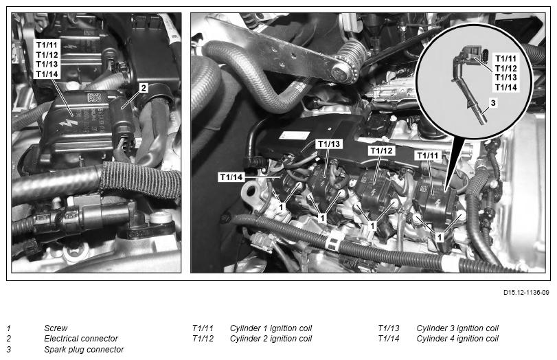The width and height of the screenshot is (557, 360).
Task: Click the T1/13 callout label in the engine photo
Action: click(x=329, y=144)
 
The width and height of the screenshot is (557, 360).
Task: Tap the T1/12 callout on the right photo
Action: click(x=381, y=150)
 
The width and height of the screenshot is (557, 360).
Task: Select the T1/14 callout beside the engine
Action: click(x=231, y=177)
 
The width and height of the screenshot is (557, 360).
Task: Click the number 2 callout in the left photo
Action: click(x=143, y=88)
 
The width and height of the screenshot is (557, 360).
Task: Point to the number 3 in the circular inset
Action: click(x=492, y=103)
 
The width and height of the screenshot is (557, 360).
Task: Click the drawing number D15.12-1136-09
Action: click(x=526, y=293)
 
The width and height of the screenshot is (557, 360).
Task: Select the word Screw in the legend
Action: click(x=56, y=328)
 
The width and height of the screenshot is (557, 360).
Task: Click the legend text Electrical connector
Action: click(x=81, y=338)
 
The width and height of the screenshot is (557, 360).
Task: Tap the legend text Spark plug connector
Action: click(x=84, y=349)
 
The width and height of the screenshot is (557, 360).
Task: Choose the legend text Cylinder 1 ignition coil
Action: click(x=271, y=328)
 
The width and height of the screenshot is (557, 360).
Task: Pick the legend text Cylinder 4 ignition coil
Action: click(x=457, y=338)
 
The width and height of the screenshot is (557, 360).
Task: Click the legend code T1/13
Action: click(x=389, y=328)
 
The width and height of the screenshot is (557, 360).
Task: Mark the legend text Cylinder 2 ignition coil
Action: click(x=271, y=338)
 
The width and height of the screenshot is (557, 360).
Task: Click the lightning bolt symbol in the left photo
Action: click(x=68, y=123)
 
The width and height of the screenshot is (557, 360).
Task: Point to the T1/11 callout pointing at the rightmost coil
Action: click(x=428, y=155)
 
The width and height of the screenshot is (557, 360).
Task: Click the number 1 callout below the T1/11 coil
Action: click(x=440, y=237)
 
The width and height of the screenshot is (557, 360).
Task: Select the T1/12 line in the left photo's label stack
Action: click(x=47, y=55)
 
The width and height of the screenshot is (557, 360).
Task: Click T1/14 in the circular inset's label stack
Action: click(x=506, y=87)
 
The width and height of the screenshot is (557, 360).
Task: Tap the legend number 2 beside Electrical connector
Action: click(x=9, y=338)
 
